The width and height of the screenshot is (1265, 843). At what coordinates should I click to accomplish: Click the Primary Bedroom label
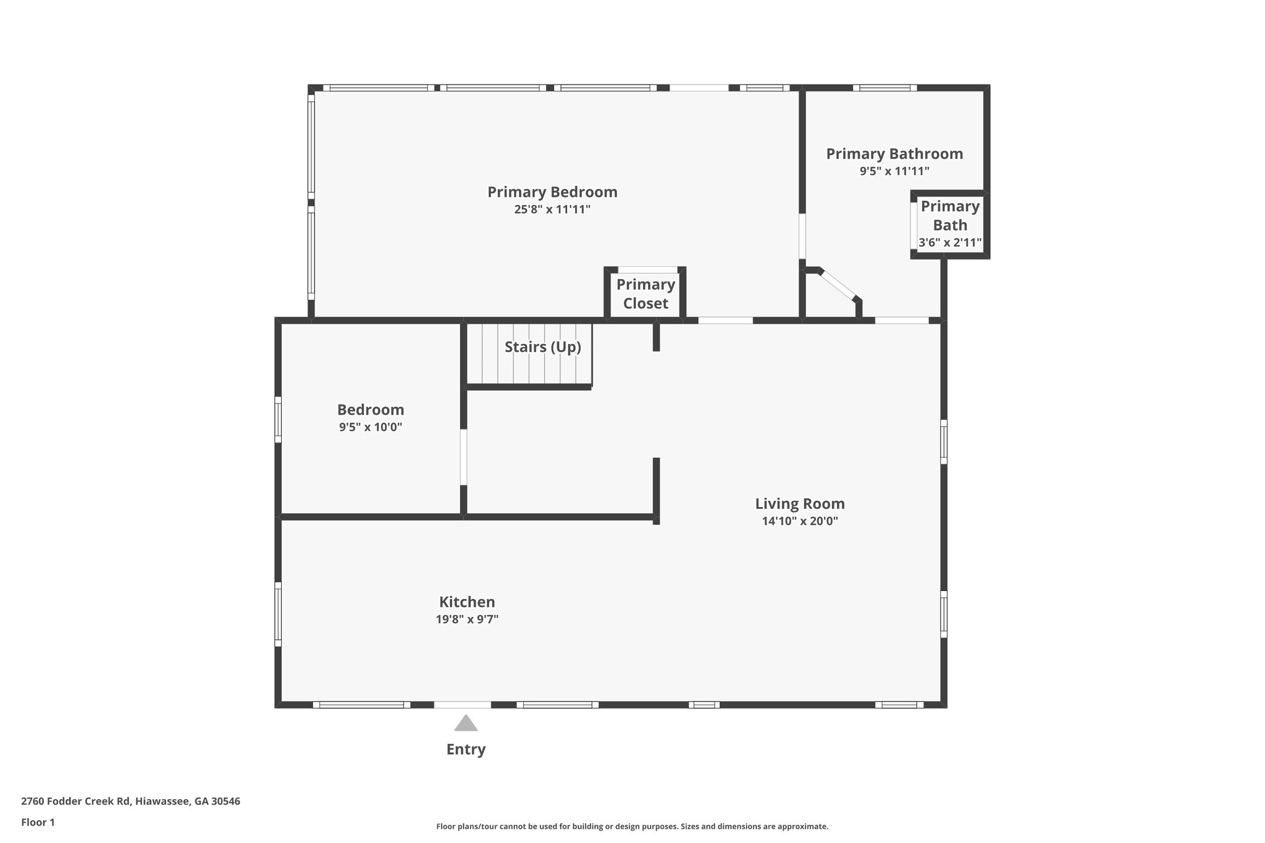tap(552, 192)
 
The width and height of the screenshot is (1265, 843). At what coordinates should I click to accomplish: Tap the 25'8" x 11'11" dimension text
tap(552, 209)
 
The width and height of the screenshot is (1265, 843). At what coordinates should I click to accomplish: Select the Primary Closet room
tap(645, 294)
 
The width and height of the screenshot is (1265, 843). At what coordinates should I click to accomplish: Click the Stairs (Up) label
tap(543, 347)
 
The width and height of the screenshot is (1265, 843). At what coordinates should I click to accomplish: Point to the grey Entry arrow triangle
tap(466, 723)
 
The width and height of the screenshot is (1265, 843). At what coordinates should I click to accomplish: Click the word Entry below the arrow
tap(466, 749)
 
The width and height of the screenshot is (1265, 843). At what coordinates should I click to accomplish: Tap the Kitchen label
tap(467, 602)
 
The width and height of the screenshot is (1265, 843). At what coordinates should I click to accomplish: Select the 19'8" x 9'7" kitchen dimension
tap(467, 619)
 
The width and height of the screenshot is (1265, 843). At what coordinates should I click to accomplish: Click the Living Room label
tap(800, 504)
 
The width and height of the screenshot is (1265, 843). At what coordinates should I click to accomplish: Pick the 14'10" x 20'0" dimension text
tap(800, 521)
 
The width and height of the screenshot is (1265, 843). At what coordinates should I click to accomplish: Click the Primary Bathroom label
tap(894, 154)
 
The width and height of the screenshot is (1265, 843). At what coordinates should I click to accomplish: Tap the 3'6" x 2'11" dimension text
tap(950, 243)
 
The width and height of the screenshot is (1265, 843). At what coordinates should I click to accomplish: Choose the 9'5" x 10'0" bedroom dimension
tap(371, 427)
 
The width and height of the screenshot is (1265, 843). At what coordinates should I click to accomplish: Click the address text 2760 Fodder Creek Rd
tap(76, 802)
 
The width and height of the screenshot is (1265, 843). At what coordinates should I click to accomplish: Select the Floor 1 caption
tap(38, 823)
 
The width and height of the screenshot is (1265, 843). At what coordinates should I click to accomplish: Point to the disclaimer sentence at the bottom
tap(632, 826)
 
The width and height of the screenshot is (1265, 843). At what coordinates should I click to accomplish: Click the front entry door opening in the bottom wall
tap(463, 705)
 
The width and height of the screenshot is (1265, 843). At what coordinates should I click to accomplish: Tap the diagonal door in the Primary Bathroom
tap(837, 285)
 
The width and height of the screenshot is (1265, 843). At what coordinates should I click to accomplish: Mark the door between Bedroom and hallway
tap(463, 457)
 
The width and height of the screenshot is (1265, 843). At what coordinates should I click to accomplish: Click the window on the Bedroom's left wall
tap(278, 419)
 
